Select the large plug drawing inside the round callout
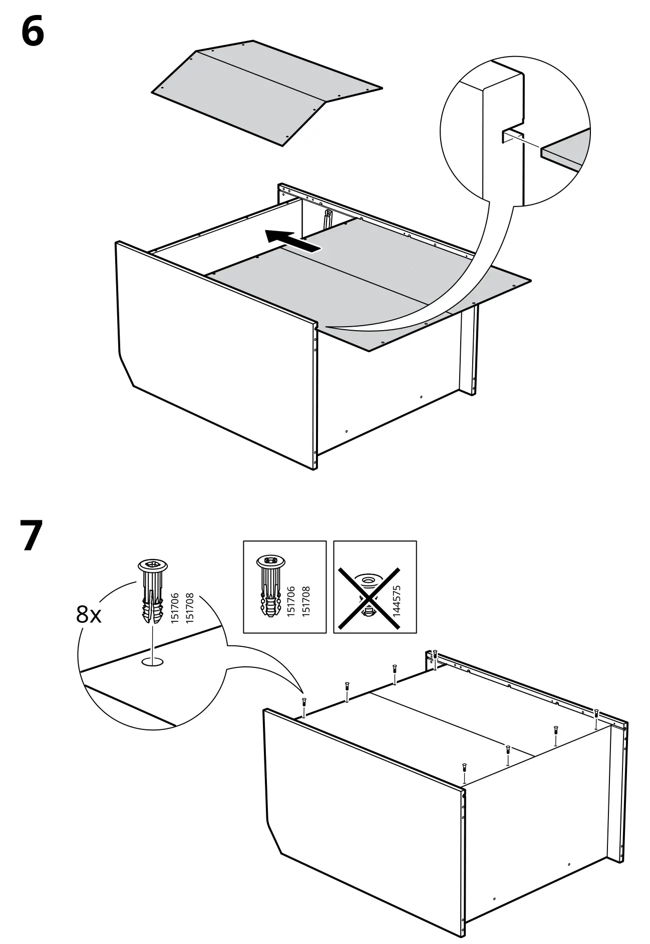click(152, 592)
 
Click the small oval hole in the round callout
click(153, 662)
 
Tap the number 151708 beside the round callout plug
click(189, 608)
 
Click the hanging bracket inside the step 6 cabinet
click(328, 219)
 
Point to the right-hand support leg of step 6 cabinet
click(468, 350)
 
